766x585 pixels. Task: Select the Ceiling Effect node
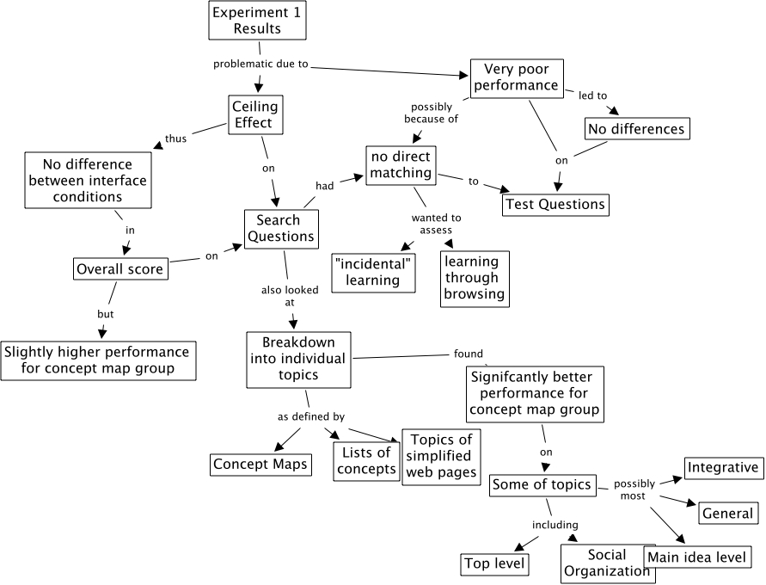tap(254, 114)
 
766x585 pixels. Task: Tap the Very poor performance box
tap(516, 77)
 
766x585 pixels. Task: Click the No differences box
tap(637, 129)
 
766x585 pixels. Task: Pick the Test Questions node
tap(555, 204)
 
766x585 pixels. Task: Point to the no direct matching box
tap(401, 164)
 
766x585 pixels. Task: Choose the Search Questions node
tap(280, 229)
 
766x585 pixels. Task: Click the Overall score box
tap(120, 269)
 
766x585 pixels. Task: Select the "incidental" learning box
tap(373, 271)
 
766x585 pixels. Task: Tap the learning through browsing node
tap(475, 278)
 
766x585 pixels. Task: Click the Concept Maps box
tap(260, 465)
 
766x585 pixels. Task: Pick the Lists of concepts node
tap(366, 459)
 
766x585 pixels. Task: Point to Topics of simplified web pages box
tap(440, 457)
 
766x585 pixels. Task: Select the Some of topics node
tap(542, 484)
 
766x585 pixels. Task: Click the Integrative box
tap(723, 468)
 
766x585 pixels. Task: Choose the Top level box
tap(494, 564)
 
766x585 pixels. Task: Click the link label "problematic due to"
tap(260, 64)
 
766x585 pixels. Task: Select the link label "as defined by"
tap(311, 416)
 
